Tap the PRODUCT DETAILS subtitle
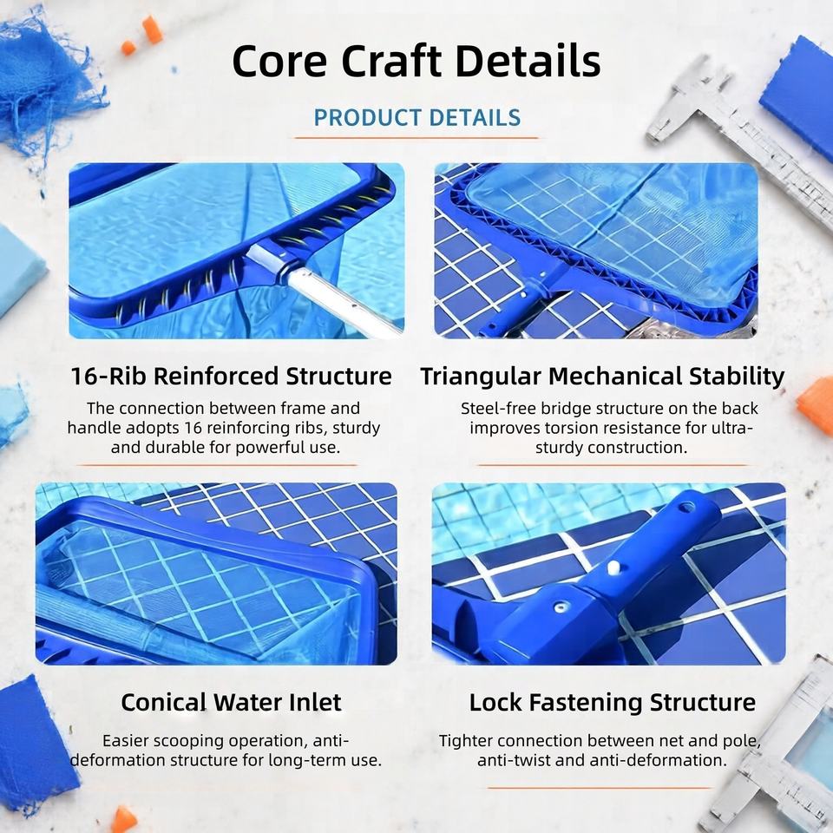click(417, 118)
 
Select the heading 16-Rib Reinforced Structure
click(231, 376)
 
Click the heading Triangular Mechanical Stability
click(602, 377)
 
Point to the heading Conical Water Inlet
click(231, 702)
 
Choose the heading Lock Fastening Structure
click(612, 702)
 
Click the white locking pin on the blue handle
click(613, 567)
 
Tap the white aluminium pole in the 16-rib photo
click(340, 300)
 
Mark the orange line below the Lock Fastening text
click(599, 788)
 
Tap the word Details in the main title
click(528, 61)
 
